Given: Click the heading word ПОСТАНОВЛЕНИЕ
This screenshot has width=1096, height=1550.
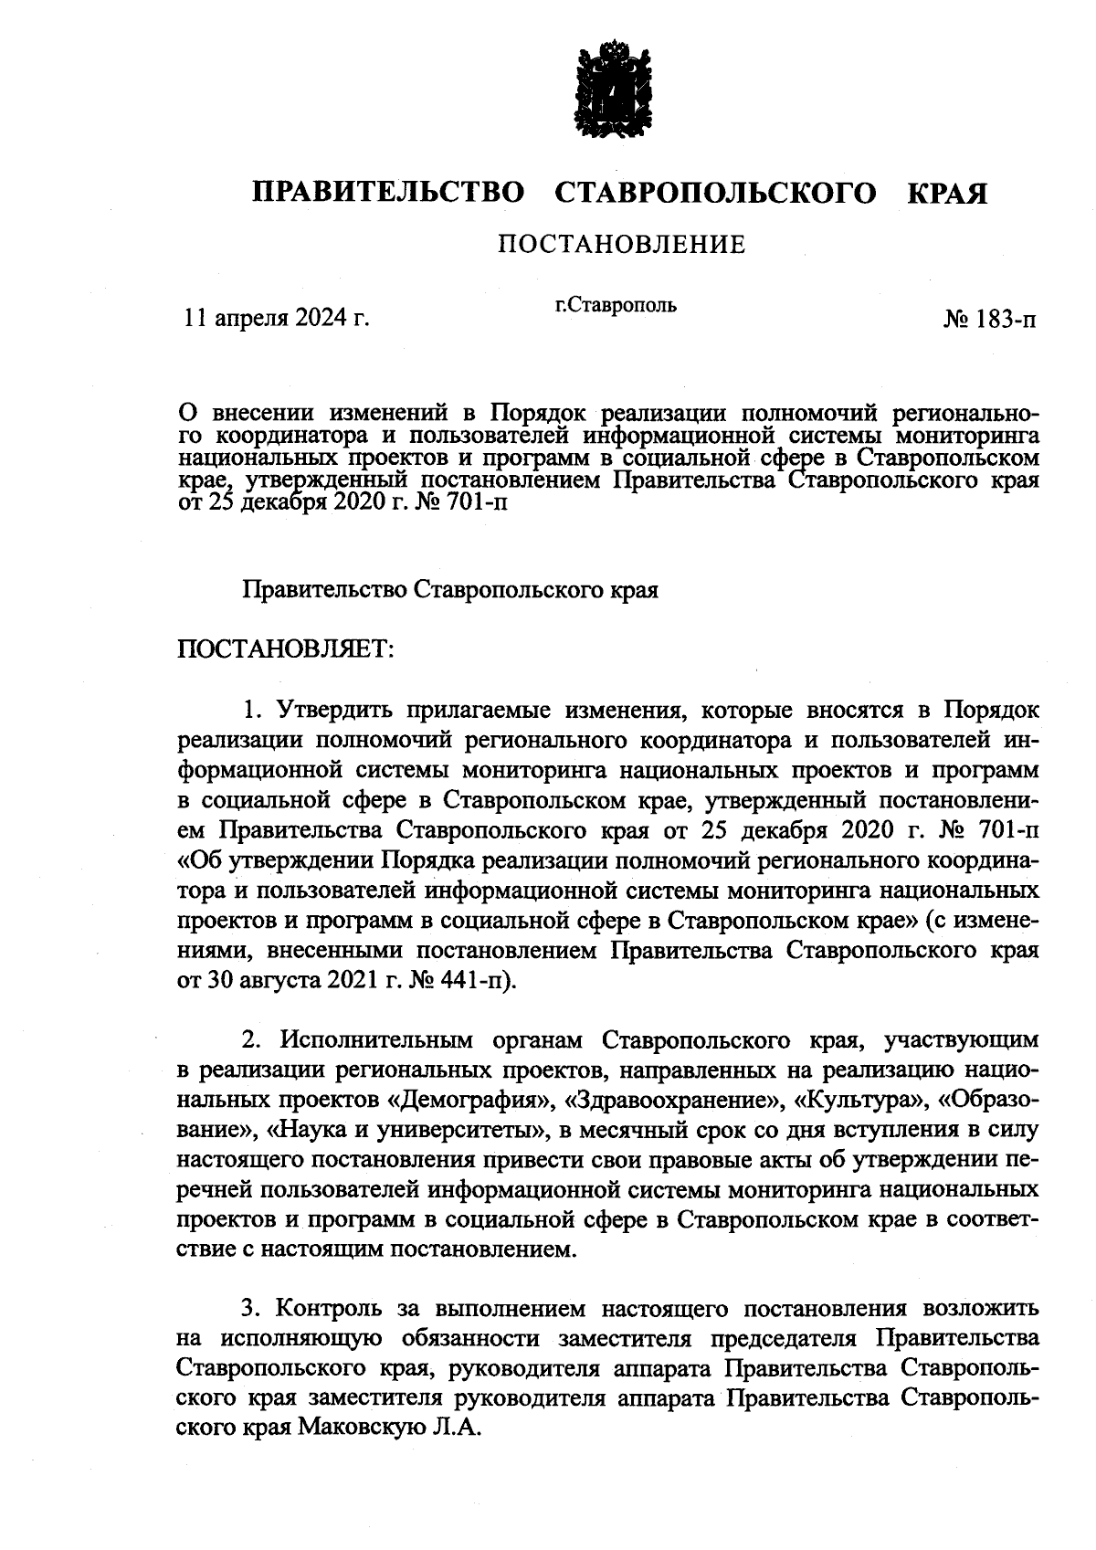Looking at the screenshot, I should (621, 245).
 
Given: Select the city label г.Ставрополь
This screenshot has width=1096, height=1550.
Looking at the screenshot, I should (616, 305).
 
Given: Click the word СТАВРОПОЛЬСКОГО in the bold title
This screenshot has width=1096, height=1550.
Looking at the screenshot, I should (712, 194).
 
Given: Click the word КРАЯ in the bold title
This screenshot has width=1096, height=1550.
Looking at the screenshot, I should (947, 194).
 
